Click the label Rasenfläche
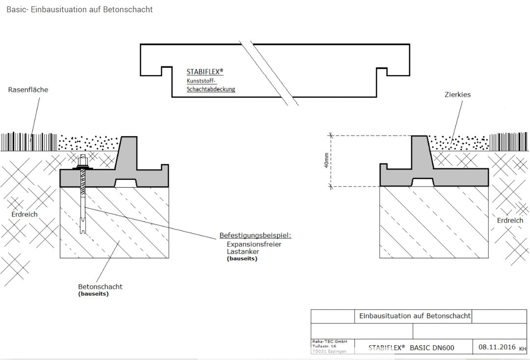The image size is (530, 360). tap(28, 90)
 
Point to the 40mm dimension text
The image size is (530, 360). tap(326, 161)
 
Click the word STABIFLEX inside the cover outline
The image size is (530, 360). tap(204, 72)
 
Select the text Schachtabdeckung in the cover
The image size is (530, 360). tap(211, 89)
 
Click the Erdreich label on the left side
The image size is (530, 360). tap(25, 214)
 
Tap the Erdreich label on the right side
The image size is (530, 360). tap(510, 221)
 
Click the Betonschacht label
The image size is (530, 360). tap(100, 286)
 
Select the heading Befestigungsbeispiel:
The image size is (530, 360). tap(255, 236)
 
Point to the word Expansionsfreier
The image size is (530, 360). tap(254, 244)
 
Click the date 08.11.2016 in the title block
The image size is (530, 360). tap(497, 347)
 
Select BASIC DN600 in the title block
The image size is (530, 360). tap(432, 348)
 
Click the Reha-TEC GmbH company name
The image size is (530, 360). tap(329, 341)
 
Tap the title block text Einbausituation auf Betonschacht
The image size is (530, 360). tap(415, 316)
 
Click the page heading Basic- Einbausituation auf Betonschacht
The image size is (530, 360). tap(79, 9)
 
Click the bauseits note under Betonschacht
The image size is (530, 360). tap(93, 294)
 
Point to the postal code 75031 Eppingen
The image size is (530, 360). tap(329, 351)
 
